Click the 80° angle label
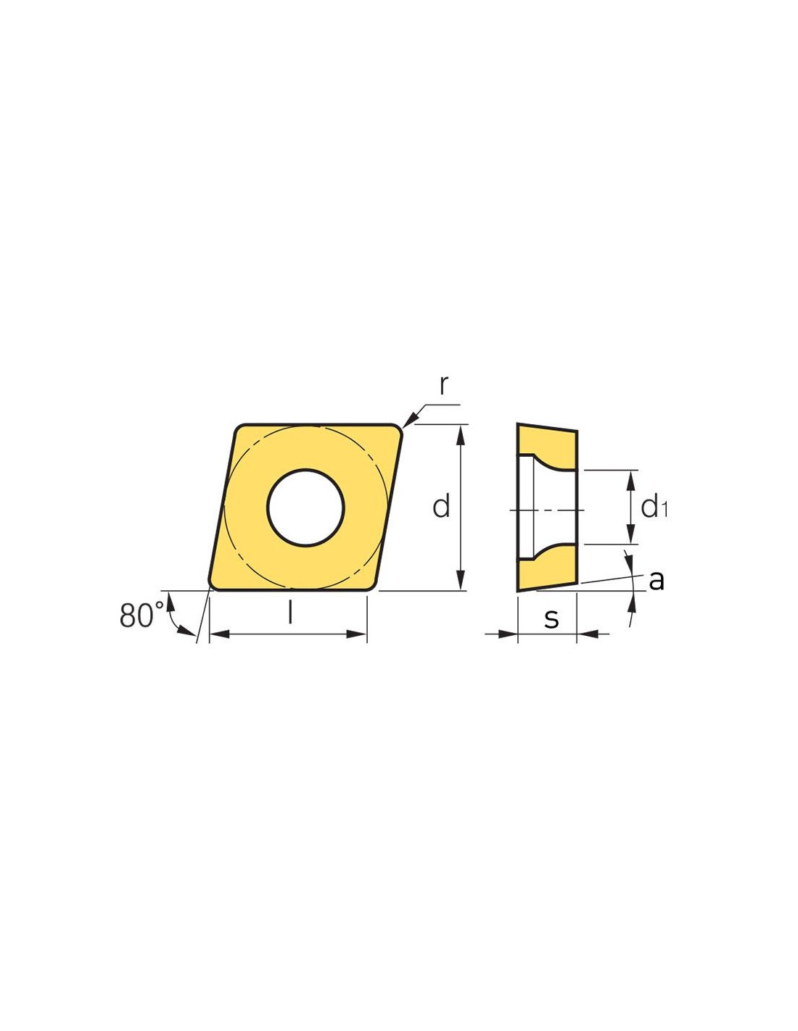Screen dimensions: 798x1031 tap(141, 616)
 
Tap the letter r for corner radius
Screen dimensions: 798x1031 tap(443, 385)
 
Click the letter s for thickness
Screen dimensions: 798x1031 tap(551, 618)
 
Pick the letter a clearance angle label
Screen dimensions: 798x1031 tap(656, 580)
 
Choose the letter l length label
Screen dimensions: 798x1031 tap(290, 613)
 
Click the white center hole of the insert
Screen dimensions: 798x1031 tap(305, 508)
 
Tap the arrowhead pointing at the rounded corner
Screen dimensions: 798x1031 tap(411, 418)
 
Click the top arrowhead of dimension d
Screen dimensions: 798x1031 tap(460, 434)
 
